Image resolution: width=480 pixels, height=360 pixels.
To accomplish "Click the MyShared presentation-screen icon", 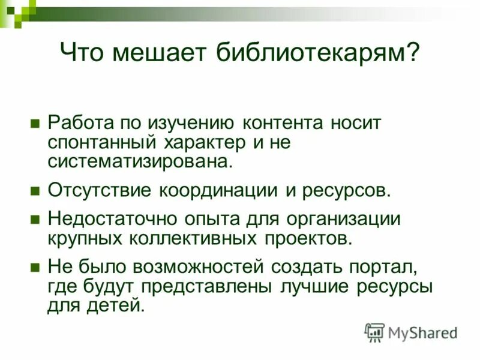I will (x=374, y=332).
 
